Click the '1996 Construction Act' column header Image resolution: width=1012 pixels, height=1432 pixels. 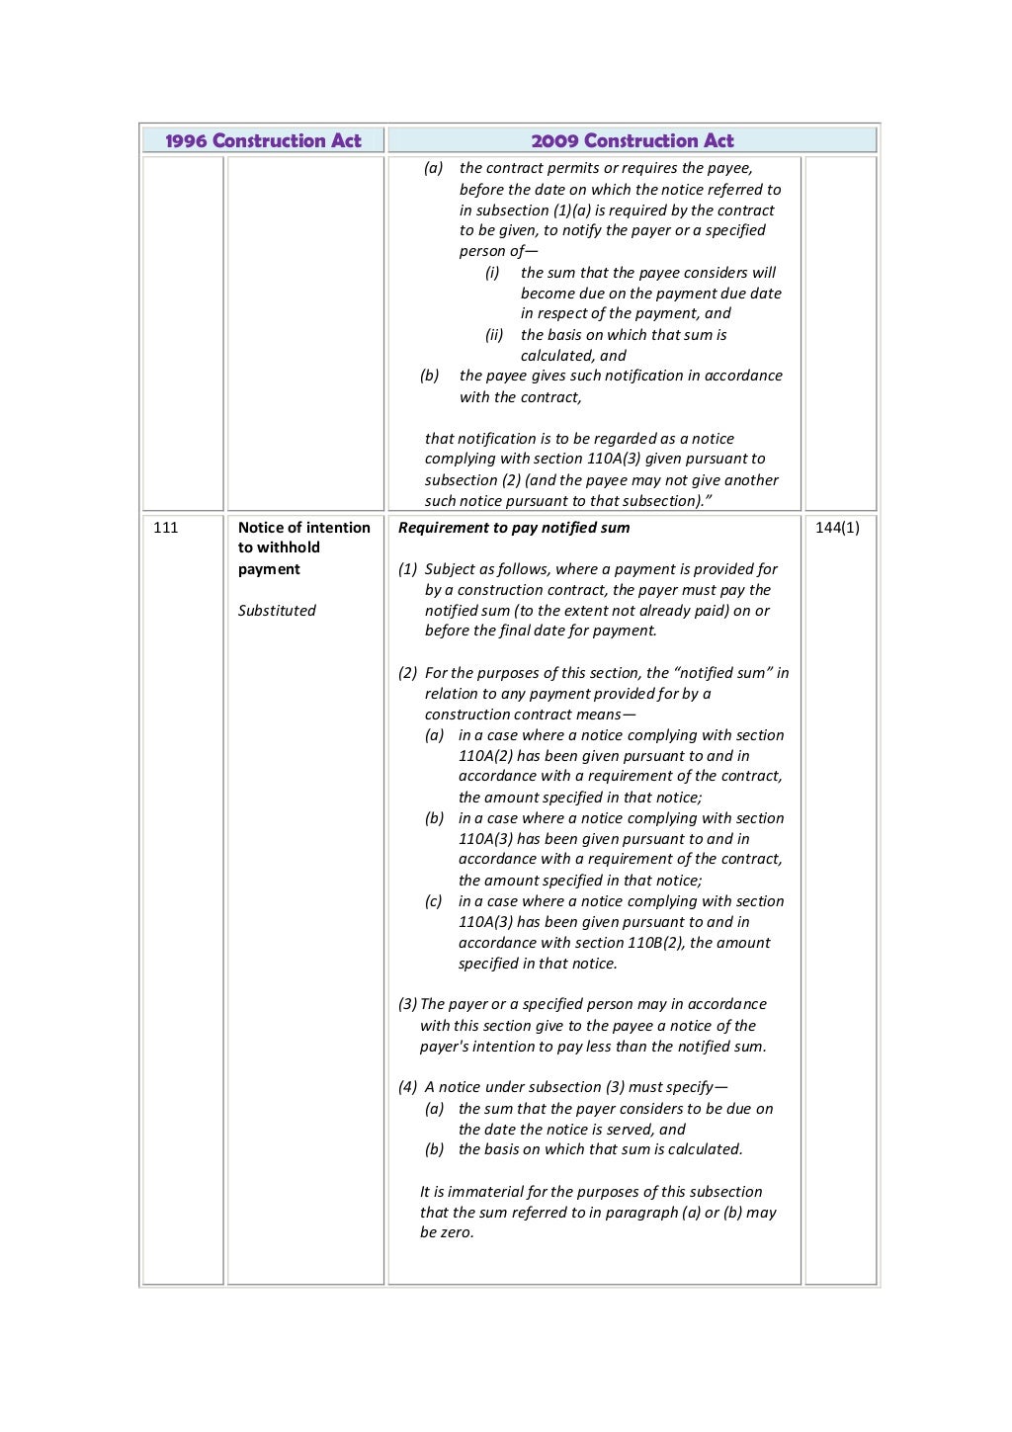point(263,140)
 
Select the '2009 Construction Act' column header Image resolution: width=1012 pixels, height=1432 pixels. point(632,140)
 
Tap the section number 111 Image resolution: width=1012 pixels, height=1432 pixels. point(166,528)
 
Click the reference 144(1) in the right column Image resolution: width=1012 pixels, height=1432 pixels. point(837,528)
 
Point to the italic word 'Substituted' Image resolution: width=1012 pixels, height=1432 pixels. point(277,611)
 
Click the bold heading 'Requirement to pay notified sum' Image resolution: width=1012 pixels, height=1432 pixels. point(514,528)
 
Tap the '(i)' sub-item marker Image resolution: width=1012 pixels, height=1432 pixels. point(492,273)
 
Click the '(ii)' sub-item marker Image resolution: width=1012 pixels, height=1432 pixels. point(494,335)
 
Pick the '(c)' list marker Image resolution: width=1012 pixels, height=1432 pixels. point(434,901)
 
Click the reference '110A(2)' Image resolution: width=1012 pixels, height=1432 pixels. point(485,756)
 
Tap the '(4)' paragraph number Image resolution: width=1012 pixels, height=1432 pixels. point(407,1087)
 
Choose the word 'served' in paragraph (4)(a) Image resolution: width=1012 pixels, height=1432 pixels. point(629,1130)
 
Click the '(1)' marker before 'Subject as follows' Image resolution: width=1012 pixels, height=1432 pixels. point(407,569)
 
